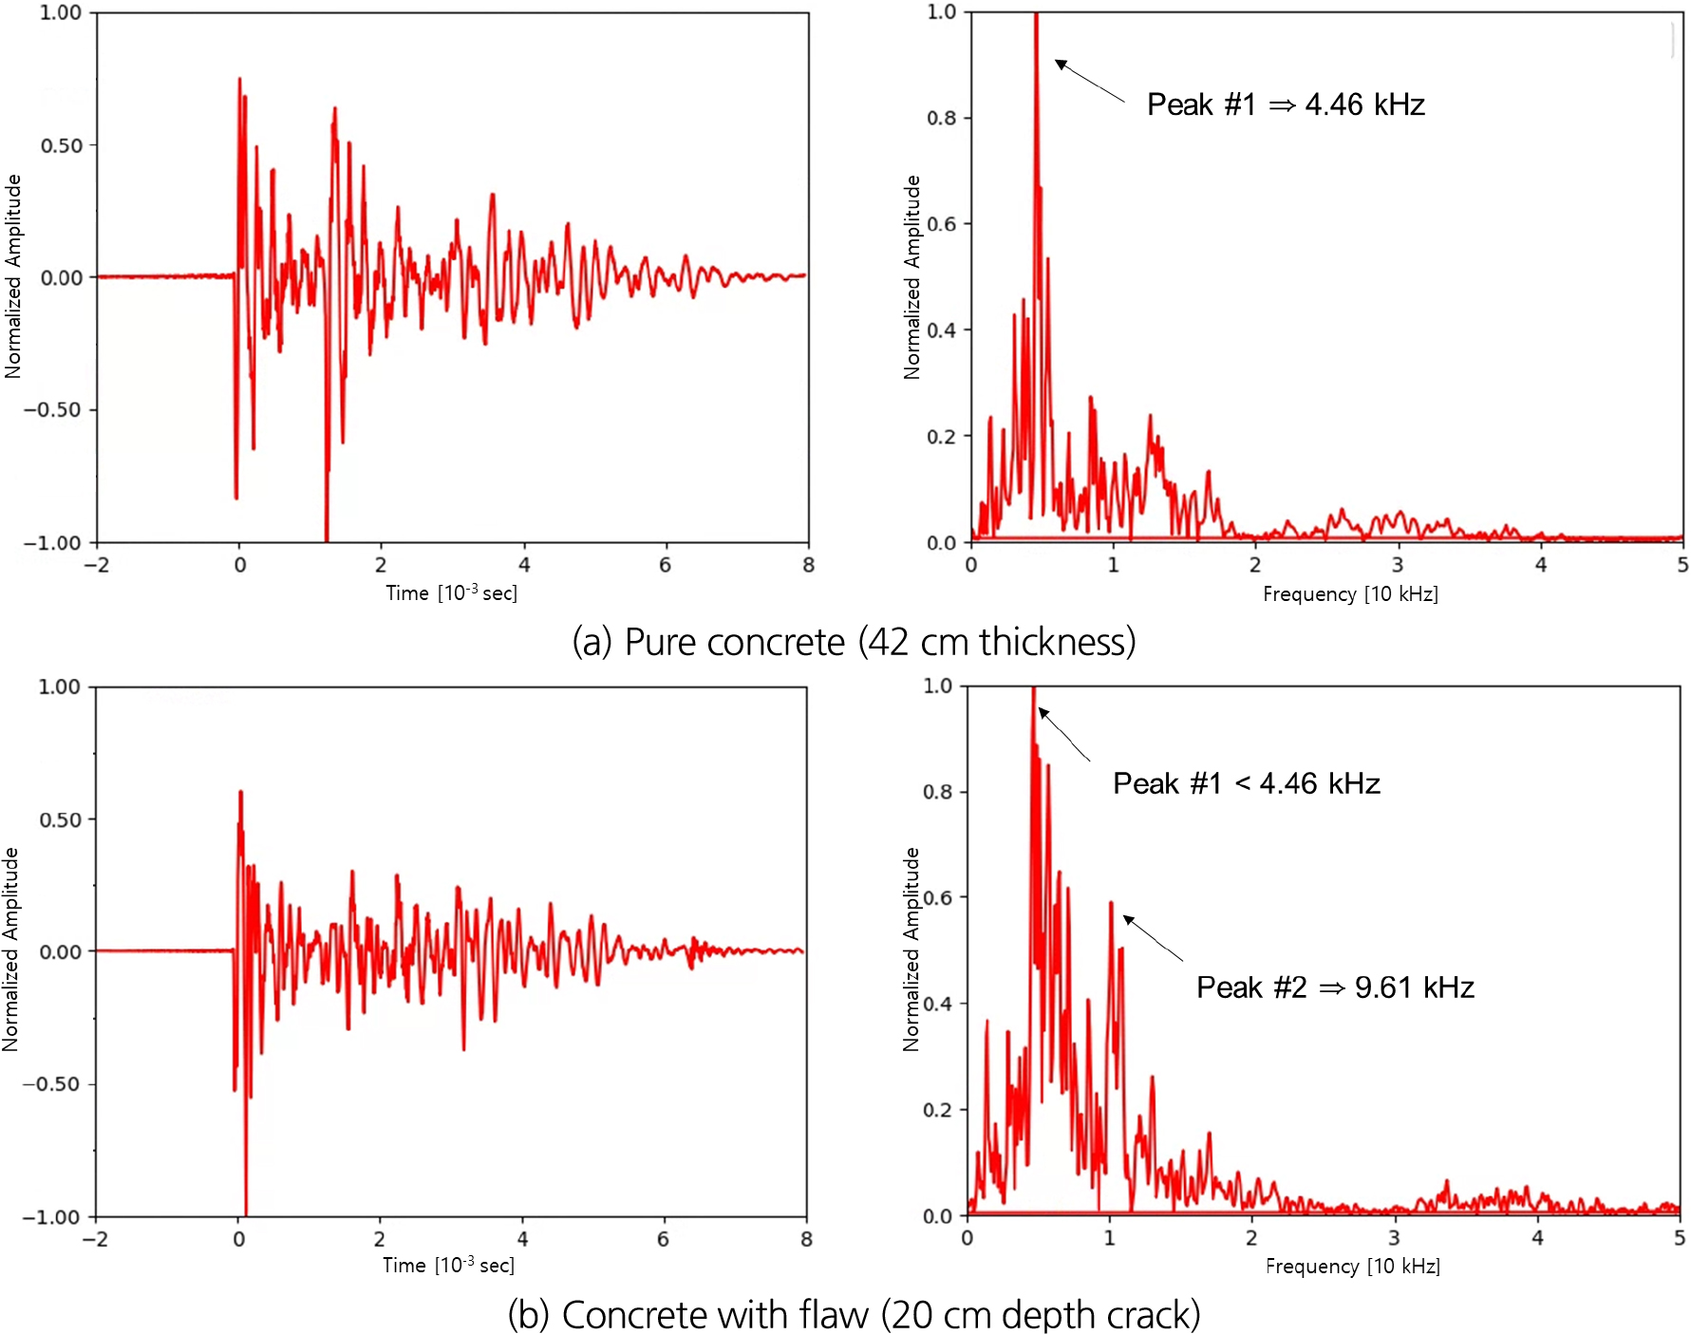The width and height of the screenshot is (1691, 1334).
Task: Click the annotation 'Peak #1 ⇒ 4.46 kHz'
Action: click(x=1286, y=104)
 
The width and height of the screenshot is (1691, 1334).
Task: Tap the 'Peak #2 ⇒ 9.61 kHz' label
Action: click(x=1334, y=987)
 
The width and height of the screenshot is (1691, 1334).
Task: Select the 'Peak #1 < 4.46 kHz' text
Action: click(x=1246, y=783)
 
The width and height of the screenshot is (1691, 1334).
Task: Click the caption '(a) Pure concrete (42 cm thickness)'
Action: click(x=854, y=643)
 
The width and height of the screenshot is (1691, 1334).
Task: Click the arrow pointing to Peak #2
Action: click(x=1153, y=938)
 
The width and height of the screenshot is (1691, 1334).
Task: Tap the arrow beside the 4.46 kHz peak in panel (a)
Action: click(x=1089, y=81)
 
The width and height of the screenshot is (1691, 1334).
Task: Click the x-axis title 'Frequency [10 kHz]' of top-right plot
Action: click(x=1350, y=594)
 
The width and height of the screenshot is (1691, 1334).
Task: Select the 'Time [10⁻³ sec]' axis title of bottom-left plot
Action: click(x=448, y=1266)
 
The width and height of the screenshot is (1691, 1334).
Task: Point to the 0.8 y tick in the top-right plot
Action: click(x=941, y=119)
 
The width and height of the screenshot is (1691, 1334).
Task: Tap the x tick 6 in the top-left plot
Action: click(x=665, y=566)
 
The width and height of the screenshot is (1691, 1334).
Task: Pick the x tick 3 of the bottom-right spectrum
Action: click(x=1394, y=1238)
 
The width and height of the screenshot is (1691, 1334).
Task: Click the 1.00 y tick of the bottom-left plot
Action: click(x=59, y=686)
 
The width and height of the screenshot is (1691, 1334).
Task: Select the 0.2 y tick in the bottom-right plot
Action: click(x=938, y=1110)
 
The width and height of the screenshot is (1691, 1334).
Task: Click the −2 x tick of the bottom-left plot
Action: click(x=95, y=1239)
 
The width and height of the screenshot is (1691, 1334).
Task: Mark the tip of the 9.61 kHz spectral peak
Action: click(x=1110, y=904)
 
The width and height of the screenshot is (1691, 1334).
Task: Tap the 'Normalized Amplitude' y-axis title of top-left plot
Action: click(x=13, y=276)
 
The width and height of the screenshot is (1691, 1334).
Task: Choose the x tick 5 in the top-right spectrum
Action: click(x=1682, y=566)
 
